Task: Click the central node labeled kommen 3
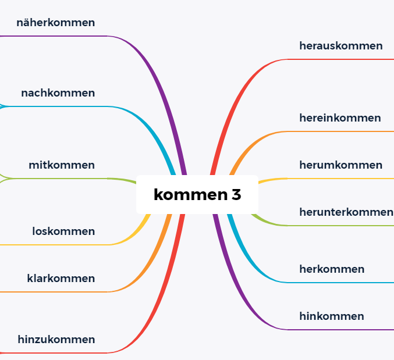click(x=197, y=194)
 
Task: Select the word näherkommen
click(x=56, y=23)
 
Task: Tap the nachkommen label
click(x=58, y=93)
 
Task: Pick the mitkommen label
click(x=62, y=165)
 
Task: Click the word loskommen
click(x=63, y=231)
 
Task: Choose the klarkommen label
click(x=61, y=279)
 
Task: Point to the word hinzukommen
click(x=56, y=339)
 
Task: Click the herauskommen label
click(x=341, y=45)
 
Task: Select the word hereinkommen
click(x=340, y=118)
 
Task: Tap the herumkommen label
click(x=340, y=165)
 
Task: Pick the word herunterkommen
click(x=346, y=212)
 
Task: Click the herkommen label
click(x=332, y=269)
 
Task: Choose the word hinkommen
click(x=332, y=316)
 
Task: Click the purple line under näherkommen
click(x=58, y=36)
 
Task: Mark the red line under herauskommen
click(x=343, y=59)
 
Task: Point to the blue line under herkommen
click(x=343, y=283)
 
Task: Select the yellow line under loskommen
click(x=58, y=245)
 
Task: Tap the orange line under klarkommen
click(x=58, y=291)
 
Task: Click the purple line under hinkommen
click(x=343, y=330)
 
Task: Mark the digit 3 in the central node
click(x=236, y=195)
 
